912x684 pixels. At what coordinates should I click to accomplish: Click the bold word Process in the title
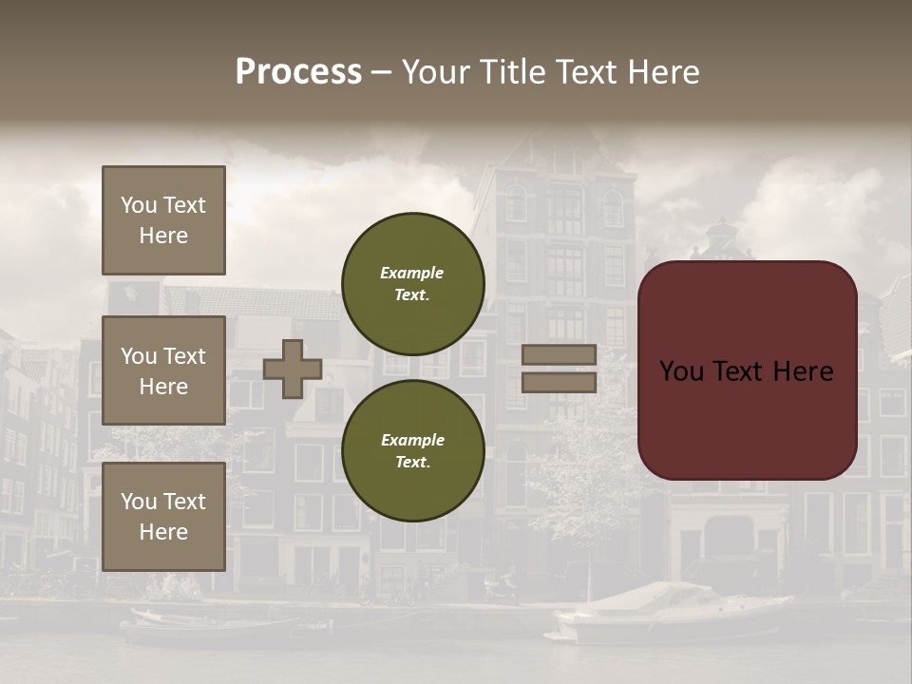[298, 72]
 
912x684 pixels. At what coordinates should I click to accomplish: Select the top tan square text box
[163, 220]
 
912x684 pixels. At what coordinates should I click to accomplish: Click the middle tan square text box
[163, 370]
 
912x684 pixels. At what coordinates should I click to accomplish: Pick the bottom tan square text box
[163, 517]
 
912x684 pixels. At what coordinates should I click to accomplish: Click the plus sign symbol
[292, 369]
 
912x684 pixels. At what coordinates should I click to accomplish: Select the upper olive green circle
[413, 283]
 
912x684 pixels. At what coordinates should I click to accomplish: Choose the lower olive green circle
[413, 451]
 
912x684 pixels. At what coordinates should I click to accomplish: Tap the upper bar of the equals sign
[560, 354]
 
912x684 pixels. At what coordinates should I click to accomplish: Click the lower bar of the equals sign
[560, 382]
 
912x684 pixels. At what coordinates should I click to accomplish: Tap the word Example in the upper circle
[411, 273]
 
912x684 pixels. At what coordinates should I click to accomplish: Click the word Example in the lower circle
[412, 440]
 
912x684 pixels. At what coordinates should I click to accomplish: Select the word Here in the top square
[163, 236]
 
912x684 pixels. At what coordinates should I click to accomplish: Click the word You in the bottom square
[139, 501]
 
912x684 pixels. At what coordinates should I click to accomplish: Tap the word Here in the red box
[804, 371]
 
